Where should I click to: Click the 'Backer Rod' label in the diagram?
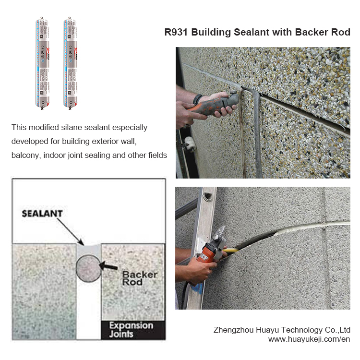(139, 278)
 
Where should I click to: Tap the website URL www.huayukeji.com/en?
(309, 339)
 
